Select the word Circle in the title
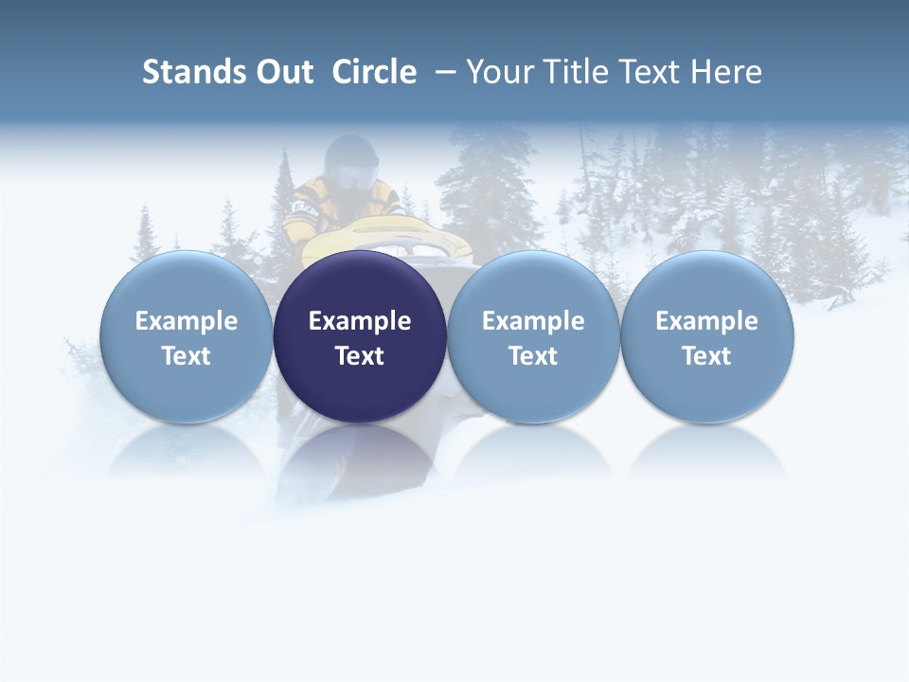[374, 72]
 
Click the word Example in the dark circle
[360, 321]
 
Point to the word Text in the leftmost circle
[187, 356]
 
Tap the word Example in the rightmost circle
[707, 321]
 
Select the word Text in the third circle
[533, 356]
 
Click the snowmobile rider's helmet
[351, 163]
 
